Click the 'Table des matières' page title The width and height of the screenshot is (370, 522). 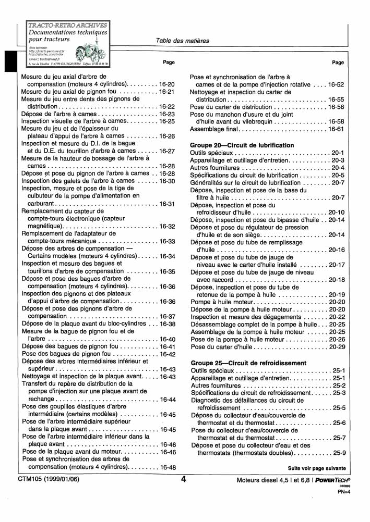182,41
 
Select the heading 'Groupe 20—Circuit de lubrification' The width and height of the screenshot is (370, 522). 242,145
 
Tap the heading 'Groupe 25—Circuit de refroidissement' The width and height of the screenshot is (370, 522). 248,362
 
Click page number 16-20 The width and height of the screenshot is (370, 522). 167,84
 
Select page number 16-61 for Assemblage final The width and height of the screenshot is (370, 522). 336,129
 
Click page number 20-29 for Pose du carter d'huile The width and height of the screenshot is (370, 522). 336,346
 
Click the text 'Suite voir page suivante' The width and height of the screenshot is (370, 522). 317,468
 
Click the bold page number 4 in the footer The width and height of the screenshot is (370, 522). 184,480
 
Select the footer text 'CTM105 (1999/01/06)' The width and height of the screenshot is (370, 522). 47,479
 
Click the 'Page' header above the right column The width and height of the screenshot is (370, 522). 338,63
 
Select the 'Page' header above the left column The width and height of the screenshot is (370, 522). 169,63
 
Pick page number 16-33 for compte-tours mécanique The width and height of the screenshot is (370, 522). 167,241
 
